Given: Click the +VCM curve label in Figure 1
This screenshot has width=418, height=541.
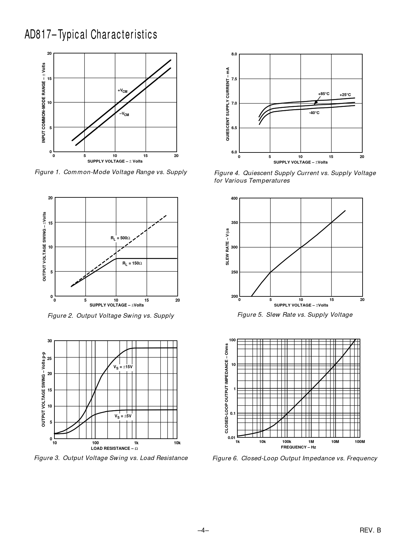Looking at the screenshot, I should coord(122,91).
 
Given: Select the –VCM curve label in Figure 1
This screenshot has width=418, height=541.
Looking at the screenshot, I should coord(124,114).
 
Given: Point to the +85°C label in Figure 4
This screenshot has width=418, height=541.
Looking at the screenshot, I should coord(324,94).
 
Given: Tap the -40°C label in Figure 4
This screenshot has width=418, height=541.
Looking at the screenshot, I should coord(314,113).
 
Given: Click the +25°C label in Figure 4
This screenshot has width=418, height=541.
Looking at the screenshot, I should coord(345,95).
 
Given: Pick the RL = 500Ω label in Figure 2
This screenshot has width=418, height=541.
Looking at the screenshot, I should coord(120,238).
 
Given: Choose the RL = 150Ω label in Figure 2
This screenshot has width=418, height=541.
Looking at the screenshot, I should coord(132,263).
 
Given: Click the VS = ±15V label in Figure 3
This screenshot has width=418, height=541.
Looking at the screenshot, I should coord(123,367).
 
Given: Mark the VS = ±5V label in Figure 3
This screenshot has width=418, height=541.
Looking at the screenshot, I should coord(123,416).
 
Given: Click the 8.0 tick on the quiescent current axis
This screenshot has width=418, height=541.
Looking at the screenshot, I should coord(234,54).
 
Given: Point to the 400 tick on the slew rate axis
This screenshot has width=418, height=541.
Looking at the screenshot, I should coord(234,198).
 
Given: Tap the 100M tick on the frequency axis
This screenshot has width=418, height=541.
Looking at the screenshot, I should coord(360,442).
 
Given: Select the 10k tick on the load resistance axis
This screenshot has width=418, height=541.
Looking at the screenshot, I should coord(177,443).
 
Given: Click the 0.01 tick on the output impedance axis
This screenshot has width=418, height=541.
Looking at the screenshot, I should coord(231,438).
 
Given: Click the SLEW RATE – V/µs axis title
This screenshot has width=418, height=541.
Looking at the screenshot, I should coord(227,247).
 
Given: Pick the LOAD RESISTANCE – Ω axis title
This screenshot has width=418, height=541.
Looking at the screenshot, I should coord(114,448).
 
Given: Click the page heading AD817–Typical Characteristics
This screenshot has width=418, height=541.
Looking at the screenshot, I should coord(91,34).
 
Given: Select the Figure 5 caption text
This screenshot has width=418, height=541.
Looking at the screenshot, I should coord(295,315).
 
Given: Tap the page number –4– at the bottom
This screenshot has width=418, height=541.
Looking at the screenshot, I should coord(203,530).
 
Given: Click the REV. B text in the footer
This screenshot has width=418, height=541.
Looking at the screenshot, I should coord(370,530).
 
